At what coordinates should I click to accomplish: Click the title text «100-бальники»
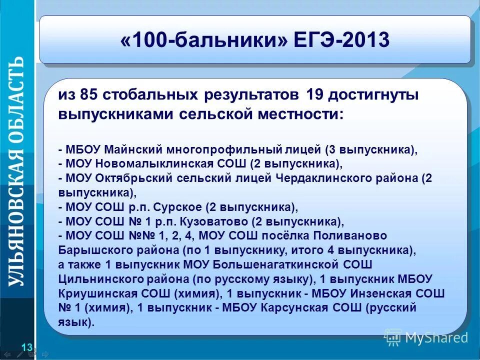(204, 40)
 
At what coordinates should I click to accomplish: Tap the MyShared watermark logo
(427, 338)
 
